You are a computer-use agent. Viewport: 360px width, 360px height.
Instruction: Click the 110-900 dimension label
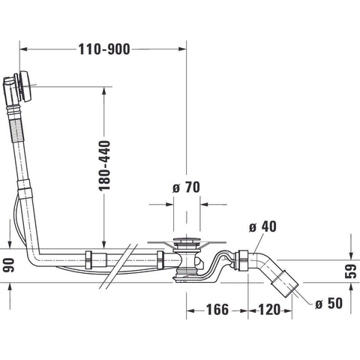[x=104, y=49]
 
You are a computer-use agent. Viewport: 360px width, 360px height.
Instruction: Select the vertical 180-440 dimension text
[x=104, y=166]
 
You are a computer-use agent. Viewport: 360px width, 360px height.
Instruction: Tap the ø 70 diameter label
[x=186, y=187]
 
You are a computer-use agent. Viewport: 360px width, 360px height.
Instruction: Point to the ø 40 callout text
[x=262, y=226]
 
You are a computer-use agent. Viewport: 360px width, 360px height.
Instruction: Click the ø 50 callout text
[x=328, y=303]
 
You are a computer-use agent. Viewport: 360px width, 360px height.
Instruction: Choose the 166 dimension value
[x=217, y=310]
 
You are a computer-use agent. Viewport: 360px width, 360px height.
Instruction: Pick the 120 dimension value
[x=269, y=310]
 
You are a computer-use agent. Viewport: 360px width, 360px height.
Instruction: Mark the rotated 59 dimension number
[x=350, y=271]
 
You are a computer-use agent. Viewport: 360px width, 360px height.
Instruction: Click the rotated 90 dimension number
[x=9, y=265]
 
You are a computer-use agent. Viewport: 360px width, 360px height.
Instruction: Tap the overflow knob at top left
[x=25, y=86]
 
